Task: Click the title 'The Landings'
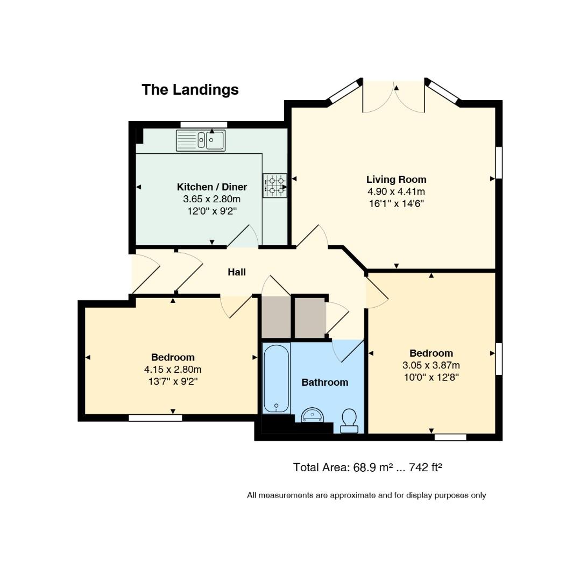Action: pyautogui.click(x=190, y=89)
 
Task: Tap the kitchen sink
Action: pyautogui.click(x=201, y=140)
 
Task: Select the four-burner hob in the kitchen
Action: pyautogui.click(x=274, y=185)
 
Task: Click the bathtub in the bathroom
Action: pyautogui.click(x=277, y=378)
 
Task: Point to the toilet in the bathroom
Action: pyautogui.click(x=349, y=420)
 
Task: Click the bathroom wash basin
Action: pyautogui.click(x=312, y=415)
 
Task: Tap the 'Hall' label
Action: pyautogui.click(x=237, y=272)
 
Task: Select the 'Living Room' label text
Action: pyautogui.click(x=396, y=180)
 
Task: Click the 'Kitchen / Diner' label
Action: pyautogui.click(x=211, y=187)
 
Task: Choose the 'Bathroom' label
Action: pyautogui.click(x=324, y=382)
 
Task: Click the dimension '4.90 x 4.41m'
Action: pyautogui.click(x=396, y=192)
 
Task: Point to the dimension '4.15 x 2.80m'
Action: pyautogui.click(x=173, y=370)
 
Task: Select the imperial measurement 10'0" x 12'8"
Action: pyautogui.click(x=431, y=377)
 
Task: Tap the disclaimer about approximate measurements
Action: pyautogui.click(x=366, y=495)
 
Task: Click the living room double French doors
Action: pyautogui.click(x=394, y=97)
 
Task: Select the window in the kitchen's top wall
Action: pyautogui.click(x=203, y=125)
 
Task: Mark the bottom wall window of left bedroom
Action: pyautogui.click(x=155, y=418)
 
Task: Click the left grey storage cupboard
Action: pyautogui.click(x=275, y=317)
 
